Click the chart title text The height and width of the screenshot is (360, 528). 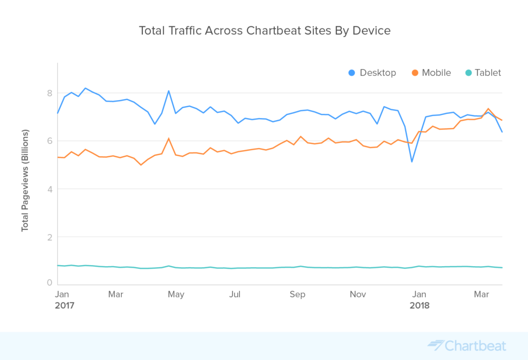pos(265,30)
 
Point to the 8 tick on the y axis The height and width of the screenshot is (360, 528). pos(49,93)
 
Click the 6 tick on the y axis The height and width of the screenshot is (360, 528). pos(49,141)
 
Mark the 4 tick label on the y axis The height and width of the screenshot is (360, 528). pos(49,189)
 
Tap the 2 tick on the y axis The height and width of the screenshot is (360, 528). pos(49,237)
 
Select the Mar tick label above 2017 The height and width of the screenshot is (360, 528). pos(115,294)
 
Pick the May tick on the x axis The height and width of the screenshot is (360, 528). pos(176,294)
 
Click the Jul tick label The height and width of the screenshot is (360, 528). pos(235,294)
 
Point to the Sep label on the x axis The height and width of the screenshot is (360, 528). pos(298,294)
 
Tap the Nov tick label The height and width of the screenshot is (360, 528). pos(358,294)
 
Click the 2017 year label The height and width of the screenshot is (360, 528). pos(65,305)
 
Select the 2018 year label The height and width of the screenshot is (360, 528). pos(419,305)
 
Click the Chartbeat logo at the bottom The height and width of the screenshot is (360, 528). pos(467,346)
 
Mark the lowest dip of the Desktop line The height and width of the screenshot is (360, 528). pos(412,162)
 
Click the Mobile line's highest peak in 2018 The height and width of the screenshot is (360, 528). pos(488,109)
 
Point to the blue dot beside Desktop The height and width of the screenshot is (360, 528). pos(352,73)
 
